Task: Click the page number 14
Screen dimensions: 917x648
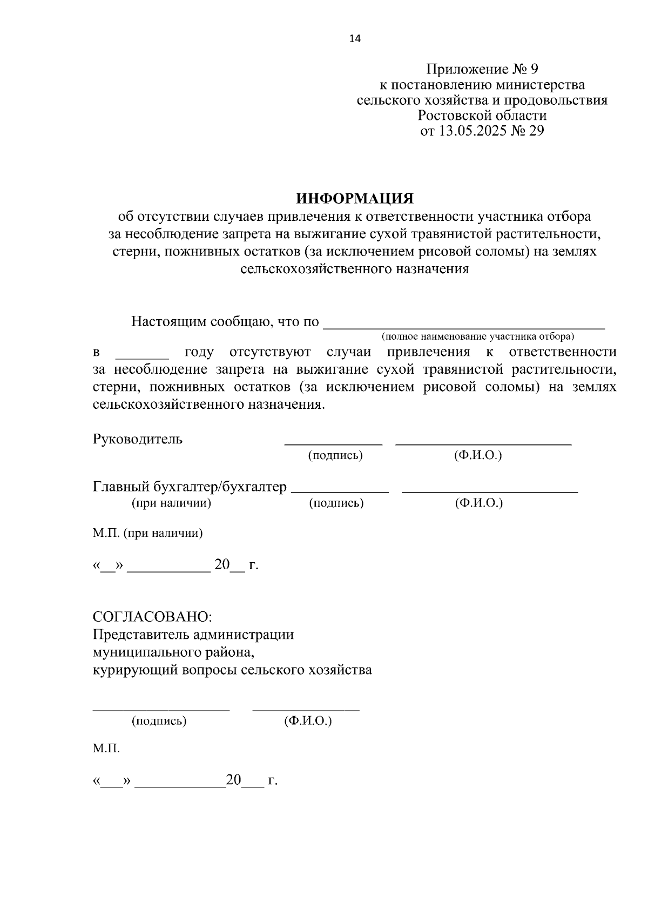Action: (x=355, y=38)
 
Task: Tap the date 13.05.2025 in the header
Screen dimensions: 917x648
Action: (x=463, y=131)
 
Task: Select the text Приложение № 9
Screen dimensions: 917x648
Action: (x=482, y=69)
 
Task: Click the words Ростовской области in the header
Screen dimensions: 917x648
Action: (x=482, y=116)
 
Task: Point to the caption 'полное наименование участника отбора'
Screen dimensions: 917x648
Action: (x=478, y=336)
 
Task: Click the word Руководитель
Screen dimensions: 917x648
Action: (x=138, y=439)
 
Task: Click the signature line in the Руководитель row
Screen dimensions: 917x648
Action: (x=333, y=443)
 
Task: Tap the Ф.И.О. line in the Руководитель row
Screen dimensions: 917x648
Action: (x=483, y=443)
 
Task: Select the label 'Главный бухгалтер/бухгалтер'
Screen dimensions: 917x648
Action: (x=190, y=487)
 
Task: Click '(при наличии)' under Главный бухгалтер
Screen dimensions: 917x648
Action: (x=171, y=503)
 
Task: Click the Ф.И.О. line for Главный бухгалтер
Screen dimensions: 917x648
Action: (x=490, y=491)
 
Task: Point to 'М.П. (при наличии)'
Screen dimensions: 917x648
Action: (x=147, y=534)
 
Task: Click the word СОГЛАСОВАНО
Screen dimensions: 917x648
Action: (x=152, y=617)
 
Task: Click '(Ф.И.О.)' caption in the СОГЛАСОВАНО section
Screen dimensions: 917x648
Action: (x=308, y=721)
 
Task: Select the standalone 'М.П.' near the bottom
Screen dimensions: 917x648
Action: (x=106, y=749)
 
